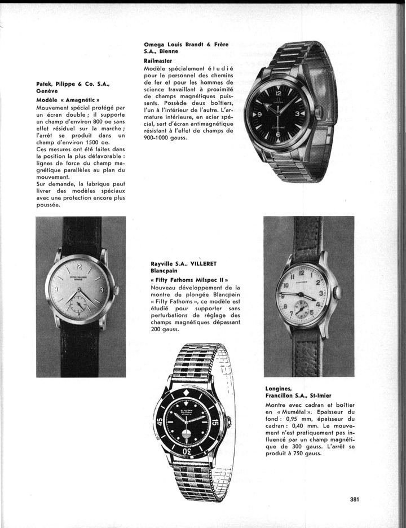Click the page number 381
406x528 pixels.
coord(355,499)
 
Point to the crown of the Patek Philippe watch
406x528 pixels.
coord(117,291)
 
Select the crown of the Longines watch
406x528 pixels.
coord(337,293)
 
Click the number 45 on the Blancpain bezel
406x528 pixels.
coord(161,422)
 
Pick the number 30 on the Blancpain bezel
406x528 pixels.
coord(190,452)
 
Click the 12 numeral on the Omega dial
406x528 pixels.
coord(279,93)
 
